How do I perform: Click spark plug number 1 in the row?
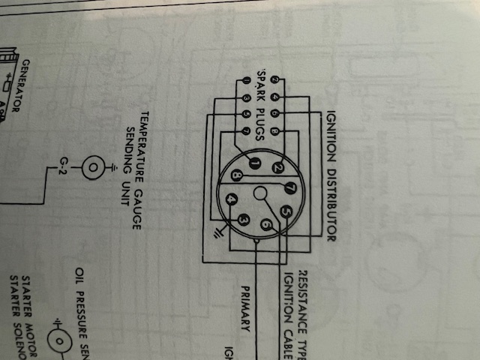246,80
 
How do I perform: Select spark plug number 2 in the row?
274,79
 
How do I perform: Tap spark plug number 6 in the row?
274,112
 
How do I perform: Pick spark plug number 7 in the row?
246,130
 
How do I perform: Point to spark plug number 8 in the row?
274,131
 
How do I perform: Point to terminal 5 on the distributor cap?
286,212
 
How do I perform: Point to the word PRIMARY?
245,308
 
